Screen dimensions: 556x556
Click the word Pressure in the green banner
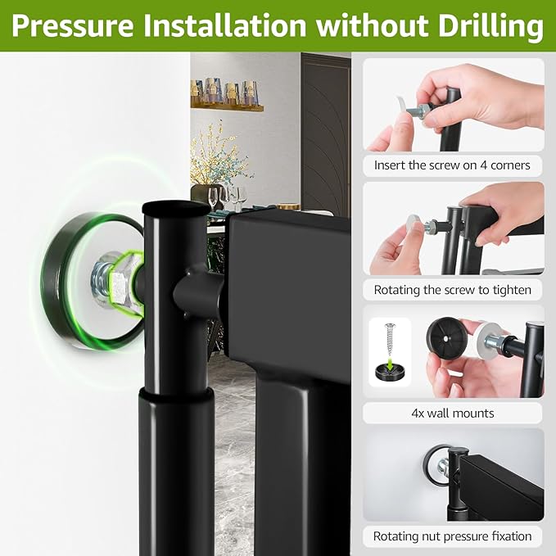coord(72,25)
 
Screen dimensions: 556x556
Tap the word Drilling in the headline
coord(490,27)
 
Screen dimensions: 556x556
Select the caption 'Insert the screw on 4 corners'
coord(452,165)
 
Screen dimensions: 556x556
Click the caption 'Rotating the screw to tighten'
coord(453,290)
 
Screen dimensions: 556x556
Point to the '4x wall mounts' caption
coord(453,413)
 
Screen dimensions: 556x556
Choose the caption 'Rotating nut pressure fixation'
coord(453,536)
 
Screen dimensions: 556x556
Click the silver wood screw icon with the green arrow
coord(391,340)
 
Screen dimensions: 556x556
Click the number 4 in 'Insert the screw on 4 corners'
coord(483,165)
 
